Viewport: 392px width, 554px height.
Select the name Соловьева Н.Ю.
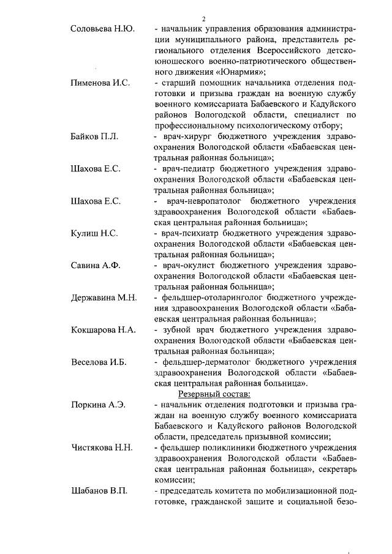click(x=103, y=29)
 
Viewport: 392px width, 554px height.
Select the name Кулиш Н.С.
click(x=94, y=233)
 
